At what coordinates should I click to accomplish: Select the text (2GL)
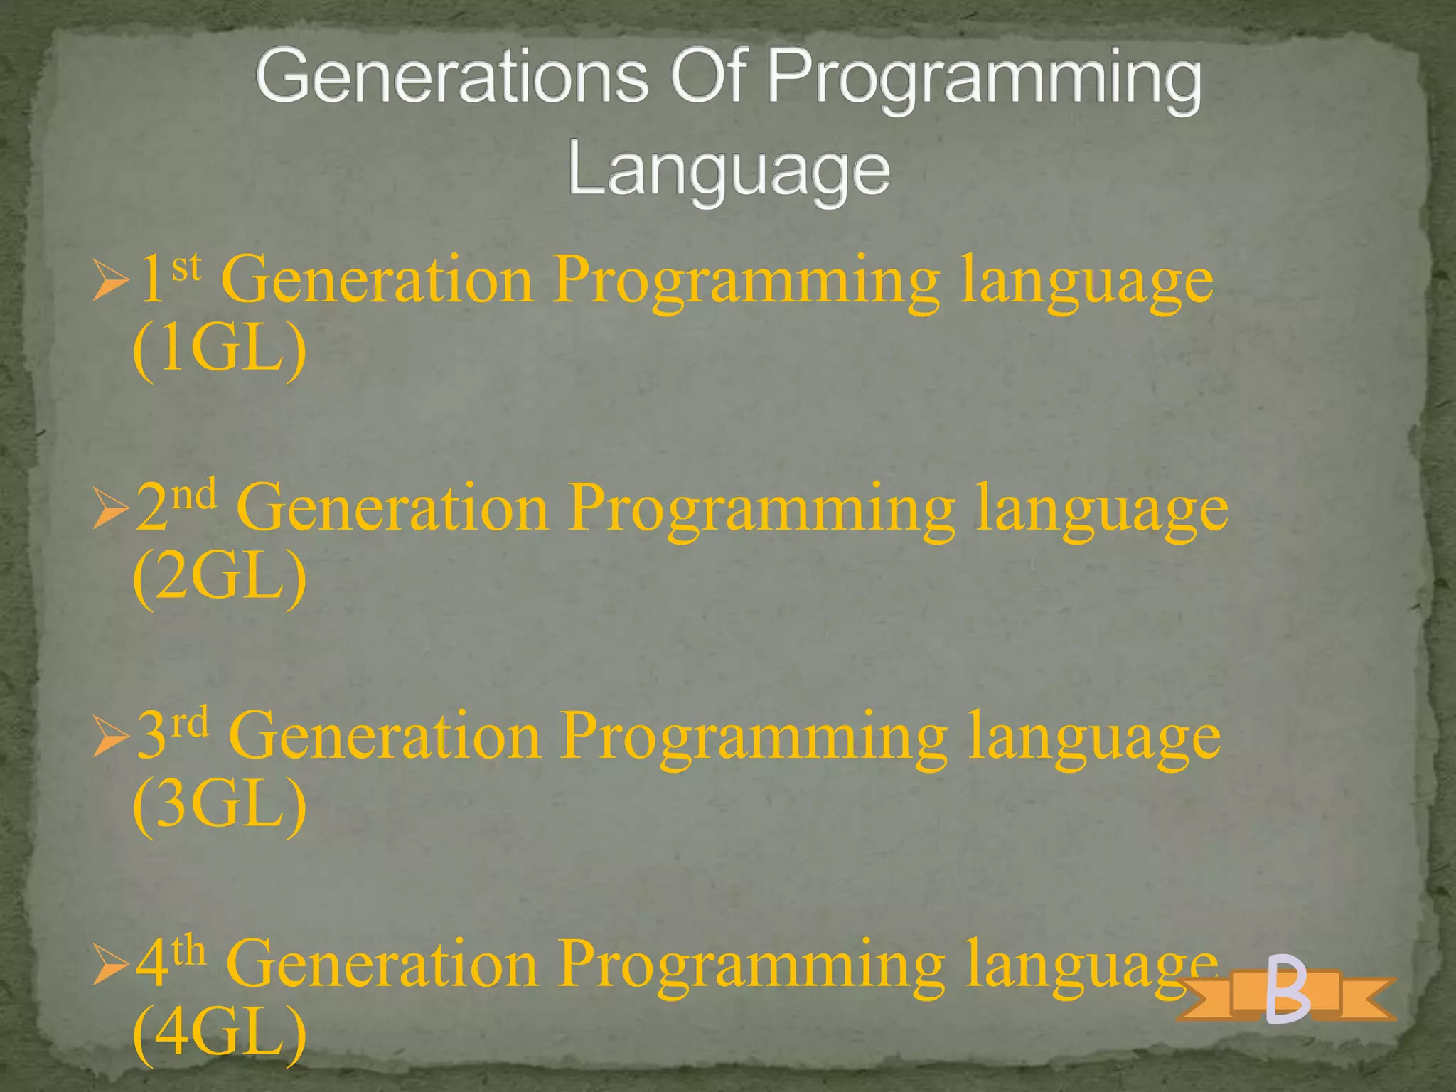(x=220, y=577)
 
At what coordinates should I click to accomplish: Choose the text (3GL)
(x=220, y=805)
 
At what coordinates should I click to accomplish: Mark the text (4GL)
(x=220, y=1032)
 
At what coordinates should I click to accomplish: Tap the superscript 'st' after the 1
(x=186, y=269)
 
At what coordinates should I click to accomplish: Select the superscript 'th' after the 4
(x=189, y=951)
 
